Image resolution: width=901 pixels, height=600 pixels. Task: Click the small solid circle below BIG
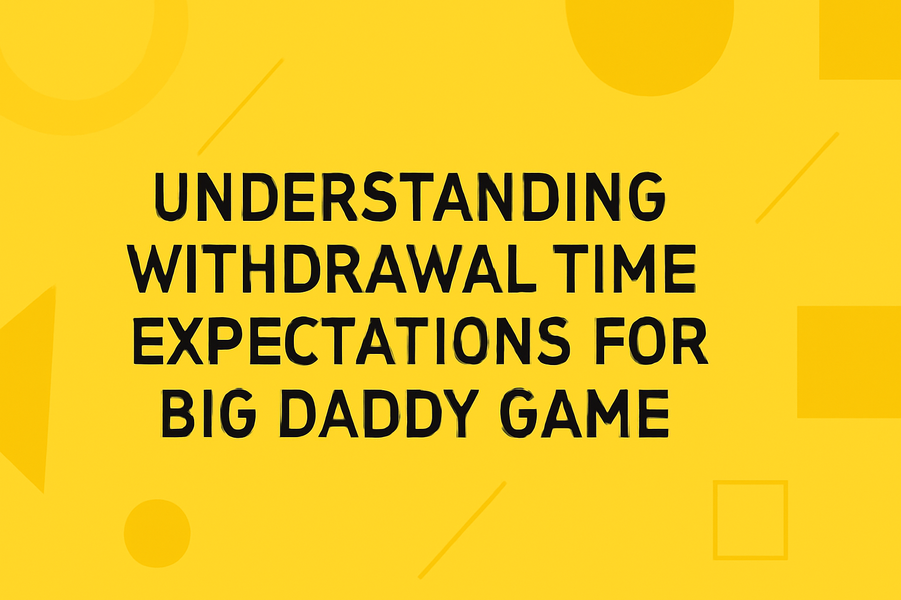point(157,533)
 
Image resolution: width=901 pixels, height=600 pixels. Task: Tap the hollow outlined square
point(750,520)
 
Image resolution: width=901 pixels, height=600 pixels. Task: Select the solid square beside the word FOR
point(849,362)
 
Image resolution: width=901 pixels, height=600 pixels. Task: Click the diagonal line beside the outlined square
point(462,530)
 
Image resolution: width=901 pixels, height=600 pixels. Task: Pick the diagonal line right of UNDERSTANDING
point(797,178)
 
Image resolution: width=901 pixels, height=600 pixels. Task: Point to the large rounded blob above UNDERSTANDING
point(649,41)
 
